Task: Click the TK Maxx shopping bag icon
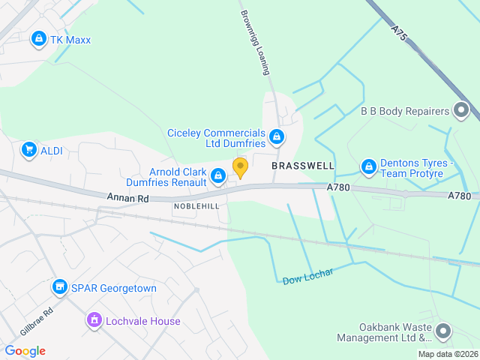38,38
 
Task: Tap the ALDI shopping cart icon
29,150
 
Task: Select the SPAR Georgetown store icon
59,286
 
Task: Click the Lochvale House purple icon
94,321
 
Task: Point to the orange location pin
240,166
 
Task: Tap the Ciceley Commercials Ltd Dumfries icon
277,136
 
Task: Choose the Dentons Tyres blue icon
368,166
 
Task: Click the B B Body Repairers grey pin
460,111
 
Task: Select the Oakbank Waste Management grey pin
443,331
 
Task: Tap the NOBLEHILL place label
196,205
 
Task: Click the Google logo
25,350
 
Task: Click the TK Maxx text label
72,39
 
